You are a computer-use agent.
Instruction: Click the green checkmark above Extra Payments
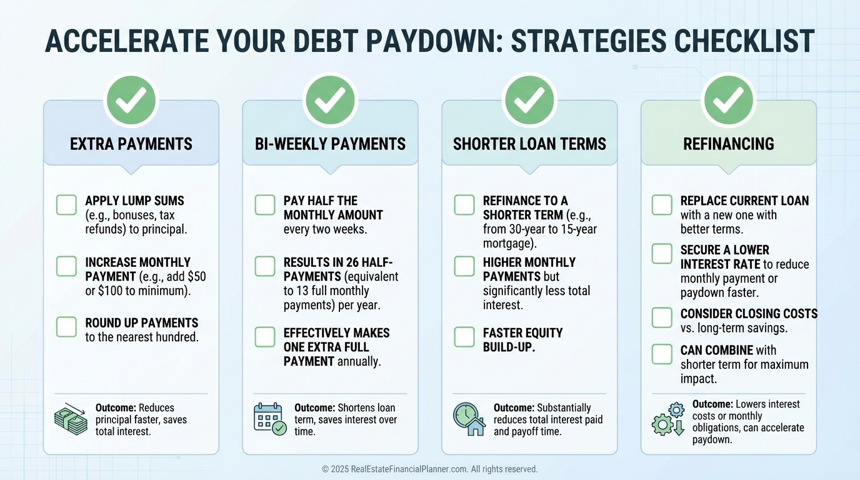pos(131,100)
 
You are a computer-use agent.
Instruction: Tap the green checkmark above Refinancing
pos(728,100)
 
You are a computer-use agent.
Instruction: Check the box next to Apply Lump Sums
pos(66,204)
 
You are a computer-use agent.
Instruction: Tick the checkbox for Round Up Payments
pos(66,327)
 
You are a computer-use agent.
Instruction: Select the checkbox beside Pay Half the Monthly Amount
pos(265,204)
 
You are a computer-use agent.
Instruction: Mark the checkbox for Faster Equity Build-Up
pos(464,337)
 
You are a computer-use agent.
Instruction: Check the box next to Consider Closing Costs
pos(662,317)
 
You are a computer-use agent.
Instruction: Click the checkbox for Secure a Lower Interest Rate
pos(662,254)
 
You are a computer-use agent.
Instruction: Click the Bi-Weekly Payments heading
pos(330,144)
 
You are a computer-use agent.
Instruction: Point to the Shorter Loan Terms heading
pos(529,144)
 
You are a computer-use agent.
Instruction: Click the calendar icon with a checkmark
pos(270,419)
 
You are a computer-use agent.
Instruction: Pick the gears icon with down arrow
pos(668,419)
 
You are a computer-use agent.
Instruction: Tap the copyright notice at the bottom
pos(429,469)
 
